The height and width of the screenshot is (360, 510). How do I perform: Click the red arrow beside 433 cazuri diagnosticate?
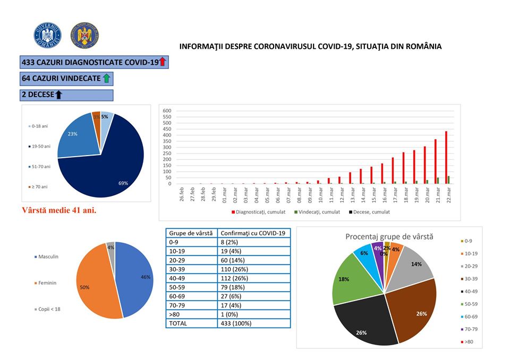[163, 62]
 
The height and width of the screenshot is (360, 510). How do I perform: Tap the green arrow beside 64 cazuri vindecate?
[106, 79]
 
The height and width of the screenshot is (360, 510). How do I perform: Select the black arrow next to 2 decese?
[58, 95]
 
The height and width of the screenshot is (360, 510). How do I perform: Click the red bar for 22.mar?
[446, 157]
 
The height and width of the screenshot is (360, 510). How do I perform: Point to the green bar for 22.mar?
[449, 179]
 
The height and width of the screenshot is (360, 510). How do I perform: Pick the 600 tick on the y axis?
[166, 111]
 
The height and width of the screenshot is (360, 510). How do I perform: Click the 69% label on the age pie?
[124, 183]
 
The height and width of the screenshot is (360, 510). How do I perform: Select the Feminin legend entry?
[47, 283]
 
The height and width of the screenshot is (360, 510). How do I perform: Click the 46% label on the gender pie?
[145, 277]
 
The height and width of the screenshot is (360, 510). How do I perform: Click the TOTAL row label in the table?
[180, 323]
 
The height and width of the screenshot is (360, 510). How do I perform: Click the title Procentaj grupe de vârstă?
[389, 236]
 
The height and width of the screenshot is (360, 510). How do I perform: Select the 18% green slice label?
[344, 278]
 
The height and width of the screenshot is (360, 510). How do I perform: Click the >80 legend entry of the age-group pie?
[469, 342]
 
